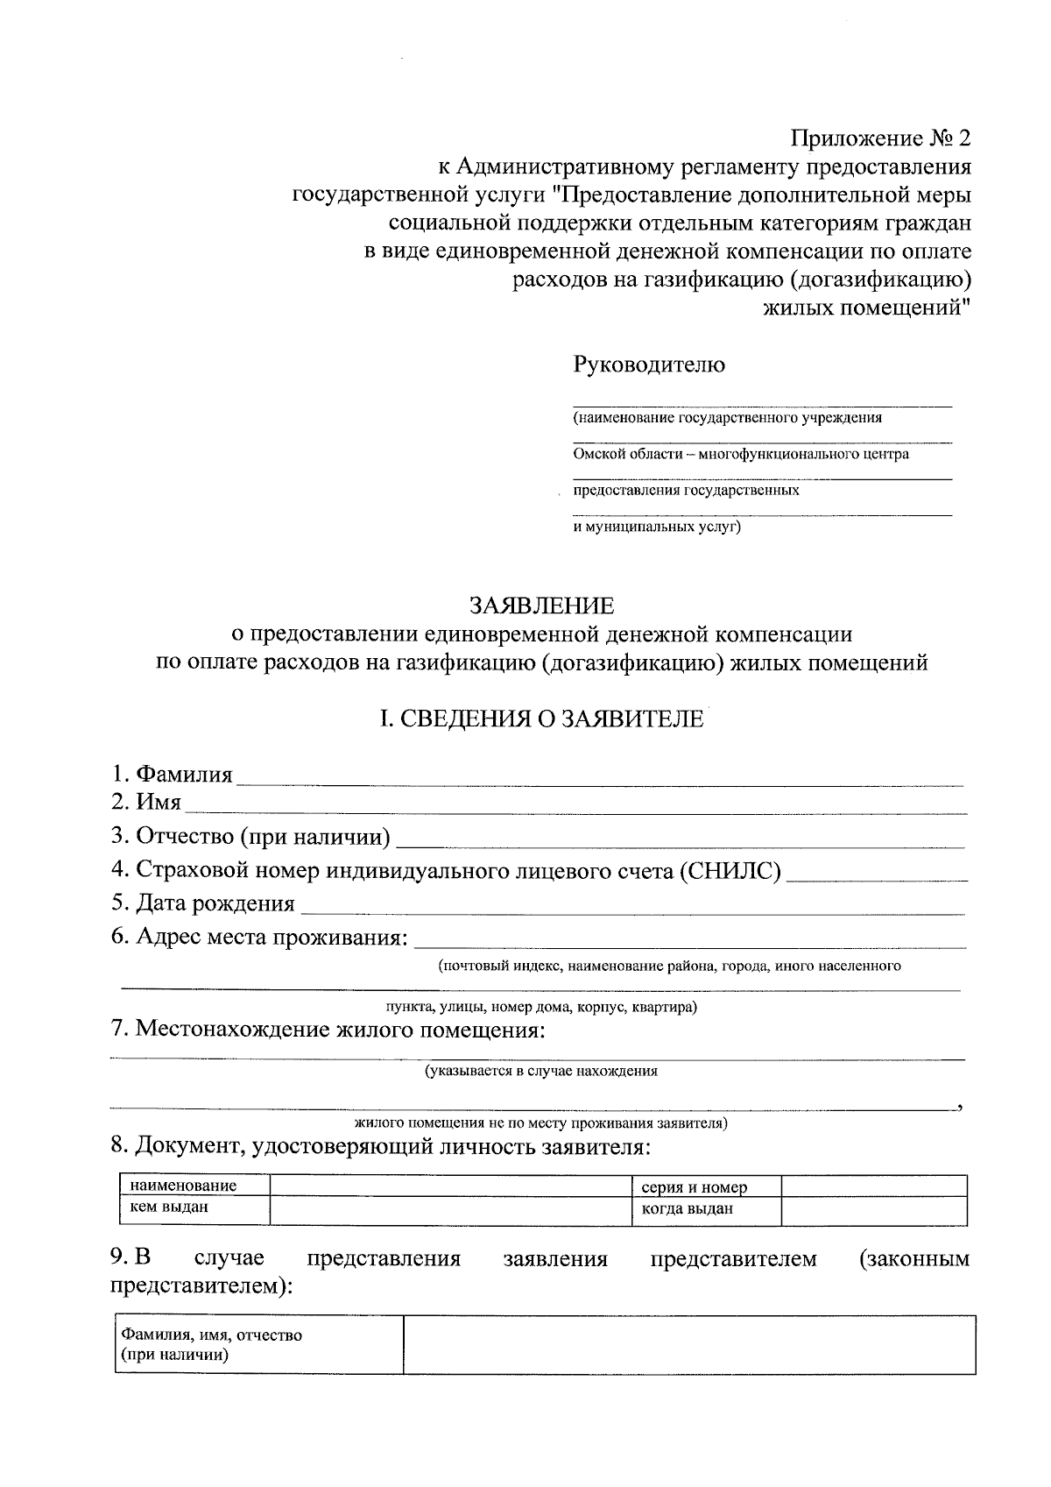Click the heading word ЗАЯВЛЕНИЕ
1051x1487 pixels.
click(541, 605)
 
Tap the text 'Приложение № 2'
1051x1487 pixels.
click(881, 138)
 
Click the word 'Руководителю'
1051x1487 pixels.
click(649, 365)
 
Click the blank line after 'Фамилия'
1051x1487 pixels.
click(600, 778)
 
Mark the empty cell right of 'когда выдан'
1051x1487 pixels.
click(873, 1210)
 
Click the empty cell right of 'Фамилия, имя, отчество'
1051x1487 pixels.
click(688, 1344)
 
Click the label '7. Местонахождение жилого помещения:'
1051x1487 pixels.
click(328, 1030)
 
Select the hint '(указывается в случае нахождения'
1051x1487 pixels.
click(541, 1070)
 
